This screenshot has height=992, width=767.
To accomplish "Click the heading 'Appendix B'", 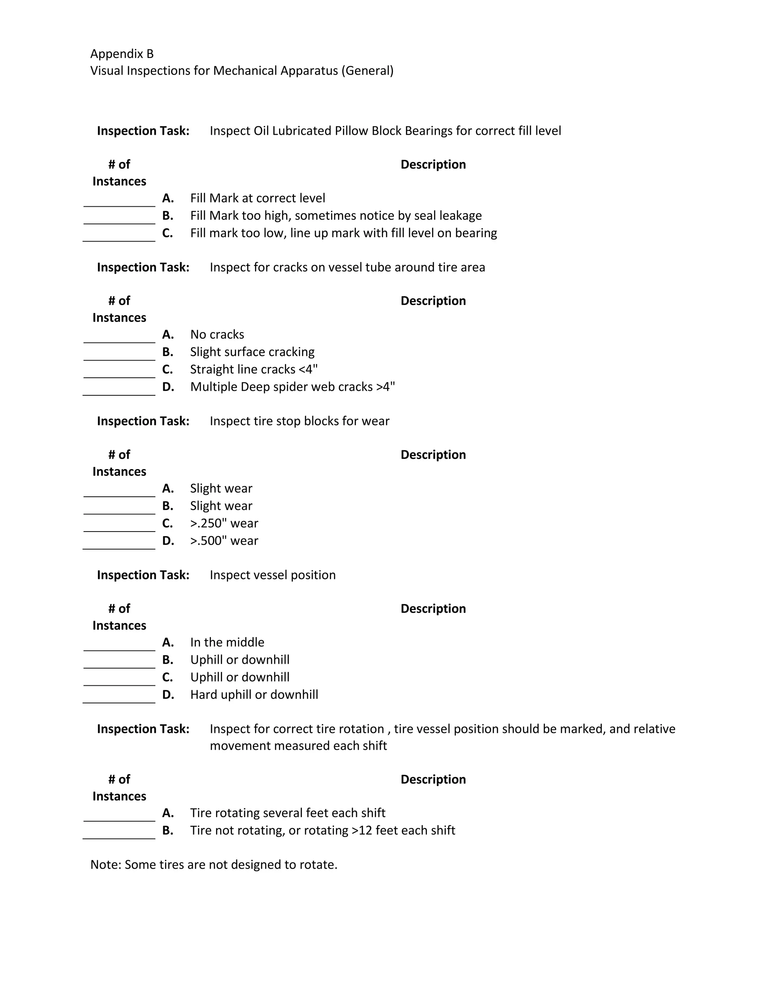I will coord(122,54).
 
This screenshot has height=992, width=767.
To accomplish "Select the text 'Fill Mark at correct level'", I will coord(257,198).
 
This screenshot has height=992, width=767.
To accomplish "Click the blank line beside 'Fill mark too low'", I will coord(119,237).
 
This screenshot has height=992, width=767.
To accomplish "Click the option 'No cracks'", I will coord(217,334).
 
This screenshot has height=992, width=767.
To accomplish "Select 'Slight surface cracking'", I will coord(252,352).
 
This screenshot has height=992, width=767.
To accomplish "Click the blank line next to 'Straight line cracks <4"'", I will coord(119,373).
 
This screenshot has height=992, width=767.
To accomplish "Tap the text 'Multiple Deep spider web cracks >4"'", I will coord(292,387).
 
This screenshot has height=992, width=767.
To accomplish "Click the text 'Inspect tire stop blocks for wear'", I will coord(300,421).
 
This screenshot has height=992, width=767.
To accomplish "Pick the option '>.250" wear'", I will coord(224,523).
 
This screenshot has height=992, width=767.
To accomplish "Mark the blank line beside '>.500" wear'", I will coord(119,545).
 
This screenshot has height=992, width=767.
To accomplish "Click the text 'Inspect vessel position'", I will coord(273,575).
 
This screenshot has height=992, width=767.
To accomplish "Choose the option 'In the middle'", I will coord(227,642).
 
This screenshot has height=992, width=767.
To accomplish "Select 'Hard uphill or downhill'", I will coord(254,694).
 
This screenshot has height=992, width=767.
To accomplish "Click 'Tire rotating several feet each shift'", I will coord(288,813).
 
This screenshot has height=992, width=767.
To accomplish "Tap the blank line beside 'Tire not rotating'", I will coord(119,834).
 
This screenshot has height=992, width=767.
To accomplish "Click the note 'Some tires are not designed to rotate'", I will coord(213,864).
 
